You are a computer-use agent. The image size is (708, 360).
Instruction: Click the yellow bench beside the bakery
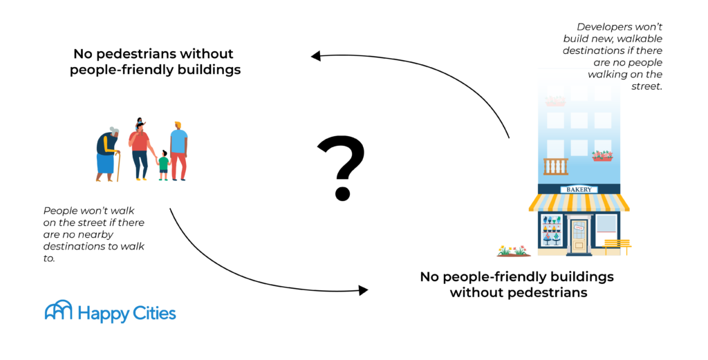pyautogui.click(x=617, y=245)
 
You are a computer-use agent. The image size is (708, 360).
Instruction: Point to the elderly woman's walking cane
pyautogui.click(x=118, y=167)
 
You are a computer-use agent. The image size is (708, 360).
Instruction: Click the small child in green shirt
pyautogui.click(x=164, y=164)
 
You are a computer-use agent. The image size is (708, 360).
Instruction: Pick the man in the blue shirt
pyautogui.click(x=179, y=149)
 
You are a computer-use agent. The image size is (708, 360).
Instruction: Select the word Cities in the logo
pyautogui.click(x=151, y=313)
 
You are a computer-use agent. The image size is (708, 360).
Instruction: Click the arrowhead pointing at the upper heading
pyautogui.click(x=316, y=56)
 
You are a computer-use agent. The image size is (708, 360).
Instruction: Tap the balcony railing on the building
pyautogui.click(x=555, y=167)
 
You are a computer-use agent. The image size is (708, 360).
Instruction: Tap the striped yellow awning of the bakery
pyautogui.click(x=579, y=202)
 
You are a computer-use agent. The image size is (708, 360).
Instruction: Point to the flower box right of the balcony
pyautogui.click(x=602, y=156)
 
